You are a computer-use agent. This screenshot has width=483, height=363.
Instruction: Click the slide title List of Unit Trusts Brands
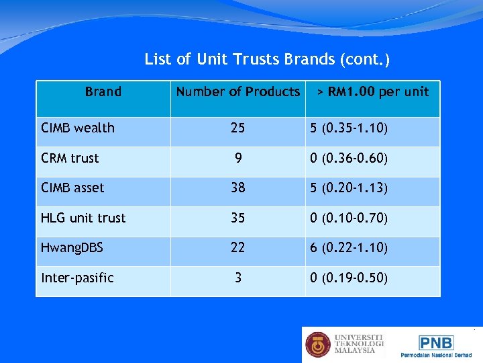[x=267, y=60]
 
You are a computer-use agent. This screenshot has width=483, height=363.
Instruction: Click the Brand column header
[x=103, y=91]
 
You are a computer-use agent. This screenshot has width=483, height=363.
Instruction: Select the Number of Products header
[x=237, y=91]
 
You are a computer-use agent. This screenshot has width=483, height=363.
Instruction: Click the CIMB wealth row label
[x=78, y=128]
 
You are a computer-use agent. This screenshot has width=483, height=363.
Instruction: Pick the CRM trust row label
[x=70, y=158]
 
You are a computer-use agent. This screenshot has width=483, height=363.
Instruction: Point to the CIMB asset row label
[x=72, y=188]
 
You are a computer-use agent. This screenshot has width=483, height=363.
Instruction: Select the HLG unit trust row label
[x=83, y=218]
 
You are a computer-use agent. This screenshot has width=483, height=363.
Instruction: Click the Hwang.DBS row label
[x=72, y=247]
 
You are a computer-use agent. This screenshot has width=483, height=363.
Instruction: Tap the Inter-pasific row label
[x=78, y=278]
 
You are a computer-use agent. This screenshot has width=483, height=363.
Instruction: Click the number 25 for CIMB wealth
[x=237, y=128]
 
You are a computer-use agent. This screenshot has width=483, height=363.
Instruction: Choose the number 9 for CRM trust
[x=237, y=158]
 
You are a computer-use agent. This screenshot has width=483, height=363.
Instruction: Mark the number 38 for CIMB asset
[x=237, y=188]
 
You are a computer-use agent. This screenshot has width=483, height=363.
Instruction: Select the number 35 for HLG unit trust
[x=237, y=218]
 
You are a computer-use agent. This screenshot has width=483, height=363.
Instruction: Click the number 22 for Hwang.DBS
[x=237, y=247]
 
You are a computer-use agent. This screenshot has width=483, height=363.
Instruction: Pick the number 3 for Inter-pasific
[x=237, y=278]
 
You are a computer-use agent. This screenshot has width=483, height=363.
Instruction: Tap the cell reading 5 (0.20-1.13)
[x=349, y=188]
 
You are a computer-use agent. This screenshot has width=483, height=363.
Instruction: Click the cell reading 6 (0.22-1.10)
[x=349, y=247]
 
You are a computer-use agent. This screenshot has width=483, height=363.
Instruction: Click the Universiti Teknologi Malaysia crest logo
[x=318, y=345]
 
